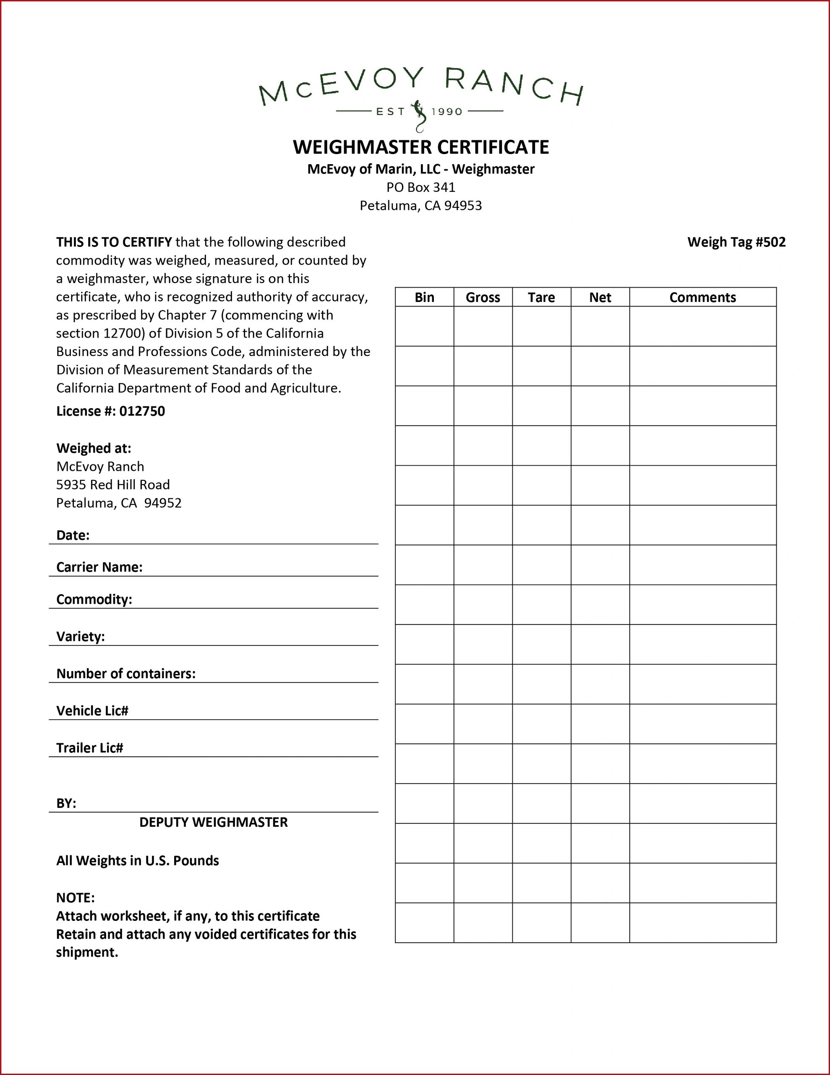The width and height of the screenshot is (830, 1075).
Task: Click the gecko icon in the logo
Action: tap(420, 115)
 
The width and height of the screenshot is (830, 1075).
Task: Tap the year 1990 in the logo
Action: tap(447, 112)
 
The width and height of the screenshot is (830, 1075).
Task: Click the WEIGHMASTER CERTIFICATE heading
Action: tap(420, 147)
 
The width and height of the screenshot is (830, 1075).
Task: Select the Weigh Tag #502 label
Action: tap(736, 242)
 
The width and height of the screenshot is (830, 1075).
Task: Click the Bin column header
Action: tap(424, 297)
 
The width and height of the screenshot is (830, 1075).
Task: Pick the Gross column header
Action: tap(483, 297)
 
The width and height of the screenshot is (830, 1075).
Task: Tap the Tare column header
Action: tap(541, 297)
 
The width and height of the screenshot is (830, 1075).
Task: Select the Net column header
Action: tap(600, 297)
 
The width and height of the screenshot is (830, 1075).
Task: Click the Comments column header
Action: tap(702, 297)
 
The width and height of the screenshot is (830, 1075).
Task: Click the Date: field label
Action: tap(73, 535)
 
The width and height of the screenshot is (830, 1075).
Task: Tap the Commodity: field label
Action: tap(94, 599)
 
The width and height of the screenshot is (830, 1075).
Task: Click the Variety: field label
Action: tap(81, 637)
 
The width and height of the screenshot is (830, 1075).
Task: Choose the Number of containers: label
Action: tap(126, 674)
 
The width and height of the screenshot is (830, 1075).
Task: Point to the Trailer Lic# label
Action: tap(89, 748)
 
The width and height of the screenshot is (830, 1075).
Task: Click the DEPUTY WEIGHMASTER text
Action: tap(214, 822)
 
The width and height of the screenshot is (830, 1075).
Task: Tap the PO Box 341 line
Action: tap(420, 187)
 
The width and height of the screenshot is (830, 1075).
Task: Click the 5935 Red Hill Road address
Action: tap(113, 485)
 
